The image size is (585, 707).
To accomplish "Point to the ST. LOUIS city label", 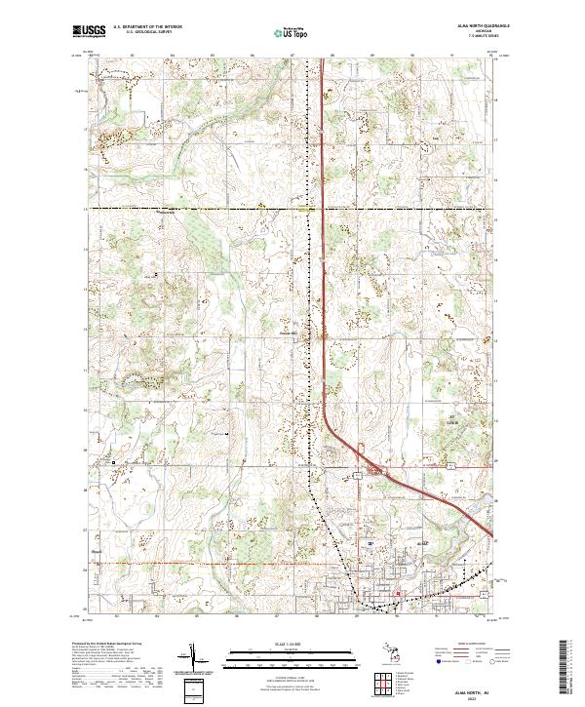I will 450,422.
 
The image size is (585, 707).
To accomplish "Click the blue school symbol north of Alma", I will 371,542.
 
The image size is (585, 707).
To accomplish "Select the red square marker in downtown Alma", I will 398,592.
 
